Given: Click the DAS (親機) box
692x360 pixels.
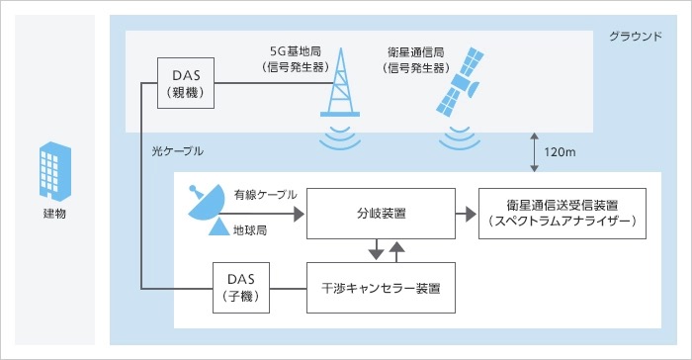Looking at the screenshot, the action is pyautogui.click(x=186, y=83).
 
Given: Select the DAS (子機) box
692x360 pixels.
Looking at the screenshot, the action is pyautogui.click(x=241, y=288).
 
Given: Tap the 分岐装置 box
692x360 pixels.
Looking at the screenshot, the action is pyautogui.click(x=381, y=214).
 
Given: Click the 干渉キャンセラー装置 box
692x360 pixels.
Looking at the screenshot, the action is pyautogui.click(x=381, y=288).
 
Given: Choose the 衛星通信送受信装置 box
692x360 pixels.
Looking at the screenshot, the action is pyautogui.click(x=562, y=214).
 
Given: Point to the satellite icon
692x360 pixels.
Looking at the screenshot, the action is pyautogui.click(x=459, y=82).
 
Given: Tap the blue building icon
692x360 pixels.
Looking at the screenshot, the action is pyautogui.click(x=55, y=171).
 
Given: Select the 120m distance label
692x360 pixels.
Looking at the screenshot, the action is pyautogui.click(x=560, y=152).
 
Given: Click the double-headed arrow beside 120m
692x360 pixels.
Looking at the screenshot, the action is pyautogui.click(x=534, y=152).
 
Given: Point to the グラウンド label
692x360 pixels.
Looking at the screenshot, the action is pyautogui.click(x=636, y=37).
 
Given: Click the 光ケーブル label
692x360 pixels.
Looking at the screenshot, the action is pyautogui.click(x=177, y=151).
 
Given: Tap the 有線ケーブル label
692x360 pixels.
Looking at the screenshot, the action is pyautogui.click(x=265, y=195).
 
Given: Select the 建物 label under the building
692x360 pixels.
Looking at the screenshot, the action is pyautogui.click(x=54, y=214).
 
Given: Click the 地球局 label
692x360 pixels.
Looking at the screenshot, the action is pyautogui.click(x=250, y=230).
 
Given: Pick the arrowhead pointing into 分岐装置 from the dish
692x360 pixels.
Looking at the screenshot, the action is pyautogui.click(x=300, y=215).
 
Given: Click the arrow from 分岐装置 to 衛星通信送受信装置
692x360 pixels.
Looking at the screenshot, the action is pyautogui.click(x=466, y=215).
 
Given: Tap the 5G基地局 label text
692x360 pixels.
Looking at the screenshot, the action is pyautogui.click(x=296, y=51).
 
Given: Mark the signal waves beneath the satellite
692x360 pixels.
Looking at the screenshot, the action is pyautogui.click(x=460, y=137).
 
